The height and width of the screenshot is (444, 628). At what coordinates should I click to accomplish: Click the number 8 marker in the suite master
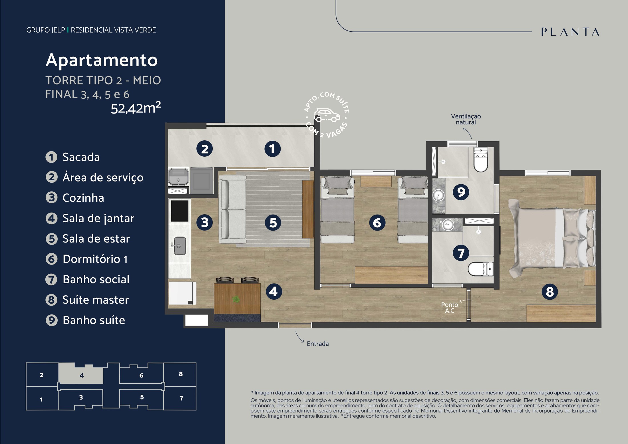tap(550, 292)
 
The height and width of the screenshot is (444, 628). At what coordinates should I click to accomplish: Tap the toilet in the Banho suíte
tap(481, 160)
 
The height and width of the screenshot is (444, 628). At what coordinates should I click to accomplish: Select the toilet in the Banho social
tap(481, 269)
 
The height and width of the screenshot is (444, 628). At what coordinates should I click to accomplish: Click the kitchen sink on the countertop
tap(180, 246)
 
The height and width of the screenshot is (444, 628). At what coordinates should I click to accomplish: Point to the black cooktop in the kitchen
tap(180, 211)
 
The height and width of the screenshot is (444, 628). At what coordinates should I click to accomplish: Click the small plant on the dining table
tap(236, 299)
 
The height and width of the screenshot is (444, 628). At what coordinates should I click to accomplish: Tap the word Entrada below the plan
tap(318, 344)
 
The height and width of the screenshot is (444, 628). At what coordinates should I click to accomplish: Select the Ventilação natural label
tap(466, 119)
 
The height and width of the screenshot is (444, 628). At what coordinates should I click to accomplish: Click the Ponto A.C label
tap(450, 308)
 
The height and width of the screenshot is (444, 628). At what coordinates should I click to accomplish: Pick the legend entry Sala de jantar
tap(98, 218)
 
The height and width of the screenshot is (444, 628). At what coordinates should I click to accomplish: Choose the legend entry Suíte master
tap(96, 300)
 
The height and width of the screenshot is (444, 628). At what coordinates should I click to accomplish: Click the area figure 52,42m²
tap(136, 108)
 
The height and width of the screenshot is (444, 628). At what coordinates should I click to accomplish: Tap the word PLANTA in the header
tap(570, 32)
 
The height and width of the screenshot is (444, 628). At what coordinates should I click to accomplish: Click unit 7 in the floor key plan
tap(181, 398)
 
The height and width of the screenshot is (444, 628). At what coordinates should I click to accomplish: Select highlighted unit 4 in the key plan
tap(81, 374)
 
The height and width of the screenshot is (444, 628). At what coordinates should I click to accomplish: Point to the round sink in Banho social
tap(448, 225)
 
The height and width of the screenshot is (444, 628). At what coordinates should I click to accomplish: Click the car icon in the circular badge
tap(327, 115)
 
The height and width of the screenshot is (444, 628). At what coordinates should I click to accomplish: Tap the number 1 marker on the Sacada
tap(272, 149)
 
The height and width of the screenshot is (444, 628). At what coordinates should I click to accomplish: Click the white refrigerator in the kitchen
tap(182, 293)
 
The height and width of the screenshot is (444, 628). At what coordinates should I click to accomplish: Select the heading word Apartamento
tap(102, 60)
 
